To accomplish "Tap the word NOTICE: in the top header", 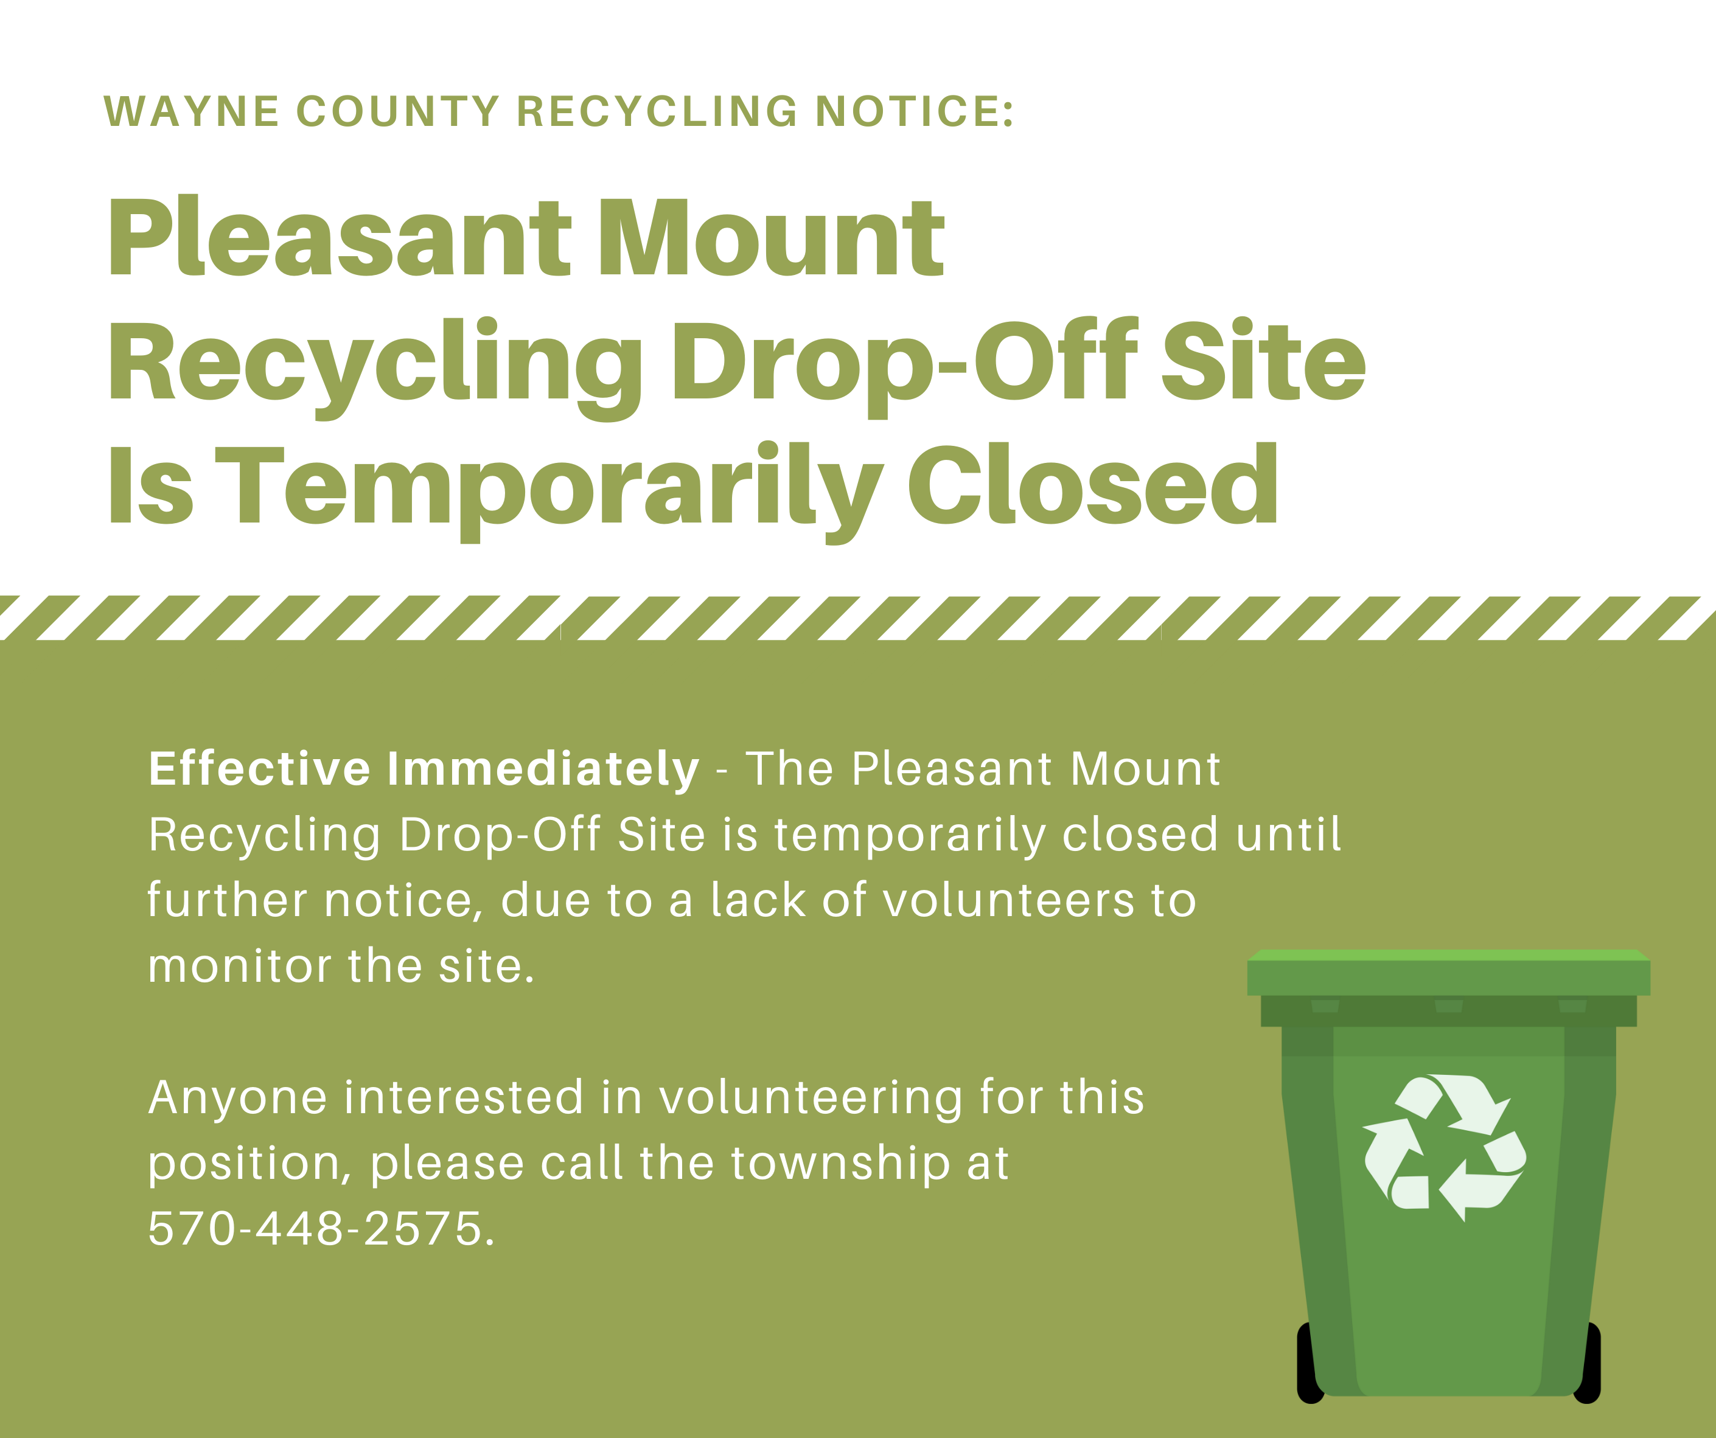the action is point(915,111).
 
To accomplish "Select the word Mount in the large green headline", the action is point(772,238).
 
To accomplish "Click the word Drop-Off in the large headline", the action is point(905,367).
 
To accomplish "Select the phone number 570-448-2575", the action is point(321,1228).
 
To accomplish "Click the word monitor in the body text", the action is point(239,966).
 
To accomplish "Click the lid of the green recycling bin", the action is point(1449,972).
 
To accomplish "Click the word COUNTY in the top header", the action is point(398,111).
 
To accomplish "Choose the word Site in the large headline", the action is point(1263,359).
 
